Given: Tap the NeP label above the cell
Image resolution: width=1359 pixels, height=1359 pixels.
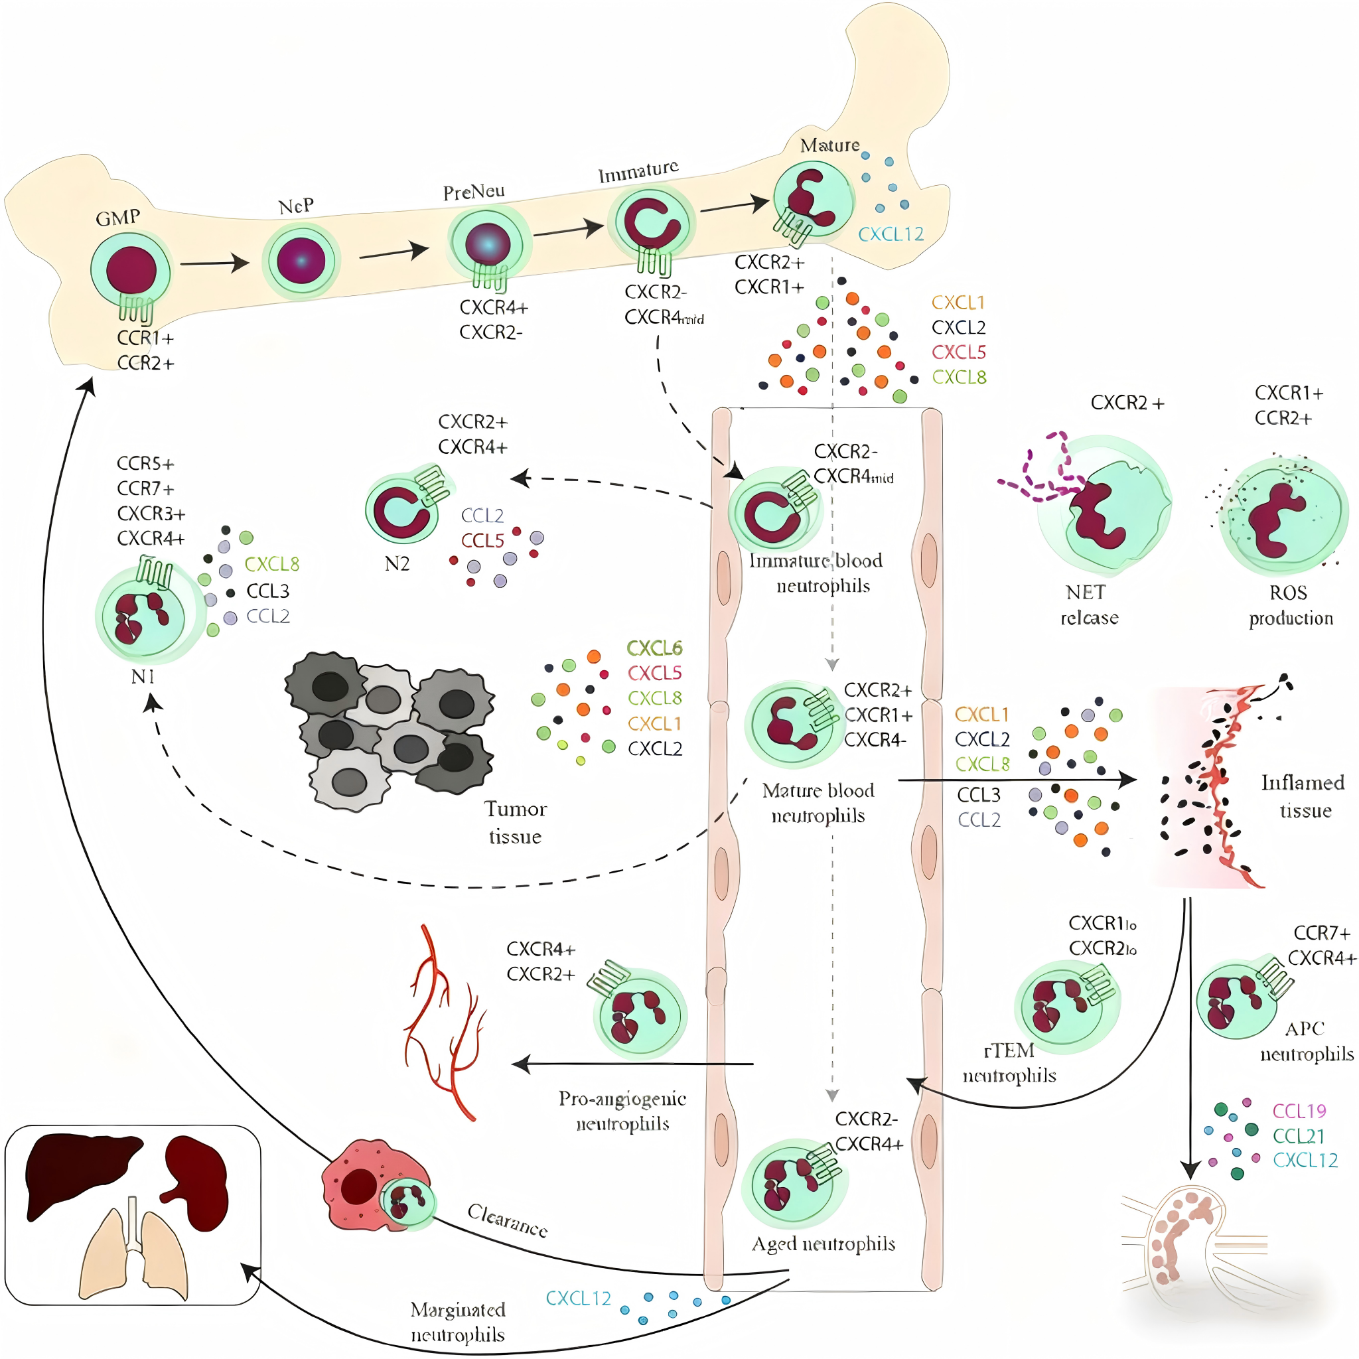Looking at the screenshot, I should coord(296,207).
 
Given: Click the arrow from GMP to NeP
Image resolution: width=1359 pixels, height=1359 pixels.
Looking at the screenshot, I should coord(214,264).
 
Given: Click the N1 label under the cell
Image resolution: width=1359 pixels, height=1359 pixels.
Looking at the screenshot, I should coord(143,677).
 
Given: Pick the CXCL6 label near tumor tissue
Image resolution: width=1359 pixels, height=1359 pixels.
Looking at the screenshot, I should coord(654,648).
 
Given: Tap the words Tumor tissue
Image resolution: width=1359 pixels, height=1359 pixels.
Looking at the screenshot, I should coord(515,822).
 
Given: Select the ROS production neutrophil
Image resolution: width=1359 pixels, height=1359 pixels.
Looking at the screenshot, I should coord(1285,517).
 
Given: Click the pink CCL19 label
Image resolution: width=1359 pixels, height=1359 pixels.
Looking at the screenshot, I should coord(1299,1111).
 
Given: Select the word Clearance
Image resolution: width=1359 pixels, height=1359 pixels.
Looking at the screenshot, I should coord(507,1220).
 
